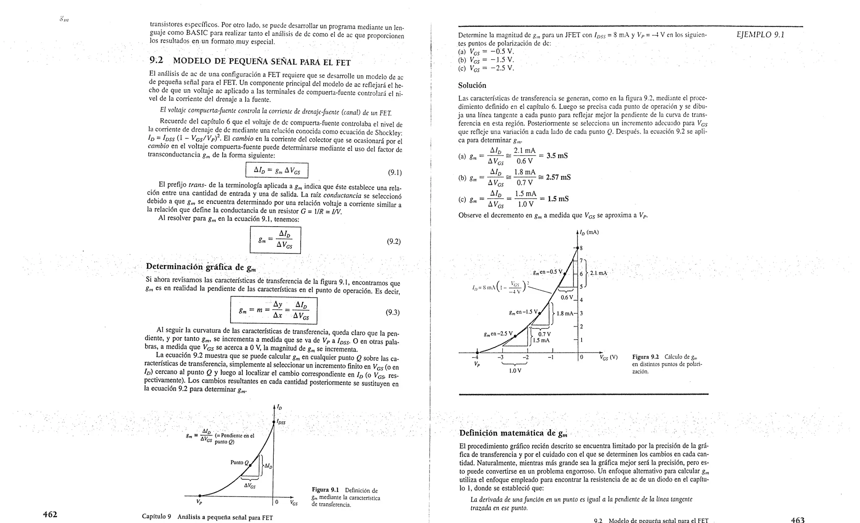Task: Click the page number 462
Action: (x=50, y=514)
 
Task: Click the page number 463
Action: (x=797, y=520)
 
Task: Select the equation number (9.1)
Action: (x=395, y=172)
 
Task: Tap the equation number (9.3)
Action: (x=393, y=312)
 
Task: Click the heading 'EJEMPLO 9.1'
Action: (x=760, y=34)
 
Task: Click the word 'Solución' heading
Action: (x=472, y=85)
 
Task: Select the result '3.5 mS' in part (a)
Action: (x=557, y=156)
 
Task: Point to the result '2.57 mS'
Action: (x=558, y=177)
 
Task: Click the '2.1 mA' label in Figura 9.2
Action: (x=598, y=273)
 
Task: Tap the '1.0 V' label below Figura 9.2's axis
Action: (x=515, y=370)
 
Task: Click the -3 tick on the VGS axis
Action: (x=500, y=357)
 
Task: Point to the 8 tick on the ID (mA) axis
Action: (x=581, y=248)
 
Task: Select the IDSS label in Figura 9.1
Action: (x=281, y=422)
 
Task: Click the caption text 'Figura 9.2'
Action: (x=645, y=357)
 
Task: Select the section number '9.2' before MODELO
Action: (x=156, y=61)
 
